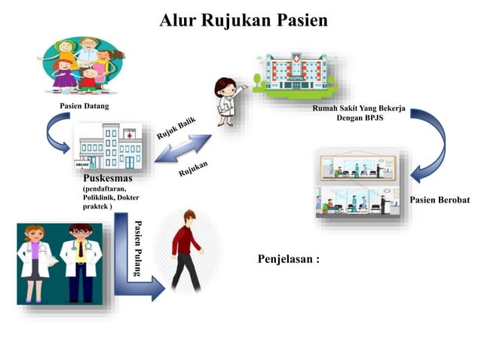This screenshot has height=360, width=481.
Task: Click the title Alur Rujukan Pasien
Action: click(x=244, y=20)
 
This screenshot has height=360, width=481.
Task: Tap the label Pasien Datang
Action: click(x=84, y=106)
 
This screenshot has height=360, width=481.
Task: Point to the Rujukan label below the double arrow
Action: click(x=193, y=170)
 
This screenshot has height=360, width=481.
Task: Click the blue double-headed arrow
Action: click(x=184, y=148)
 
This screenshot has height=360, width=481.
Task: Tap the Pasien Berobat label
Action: click(x=440, y=200)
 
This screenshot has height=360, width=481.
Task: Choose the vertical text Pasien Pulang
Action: click(x=136, y=249)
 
